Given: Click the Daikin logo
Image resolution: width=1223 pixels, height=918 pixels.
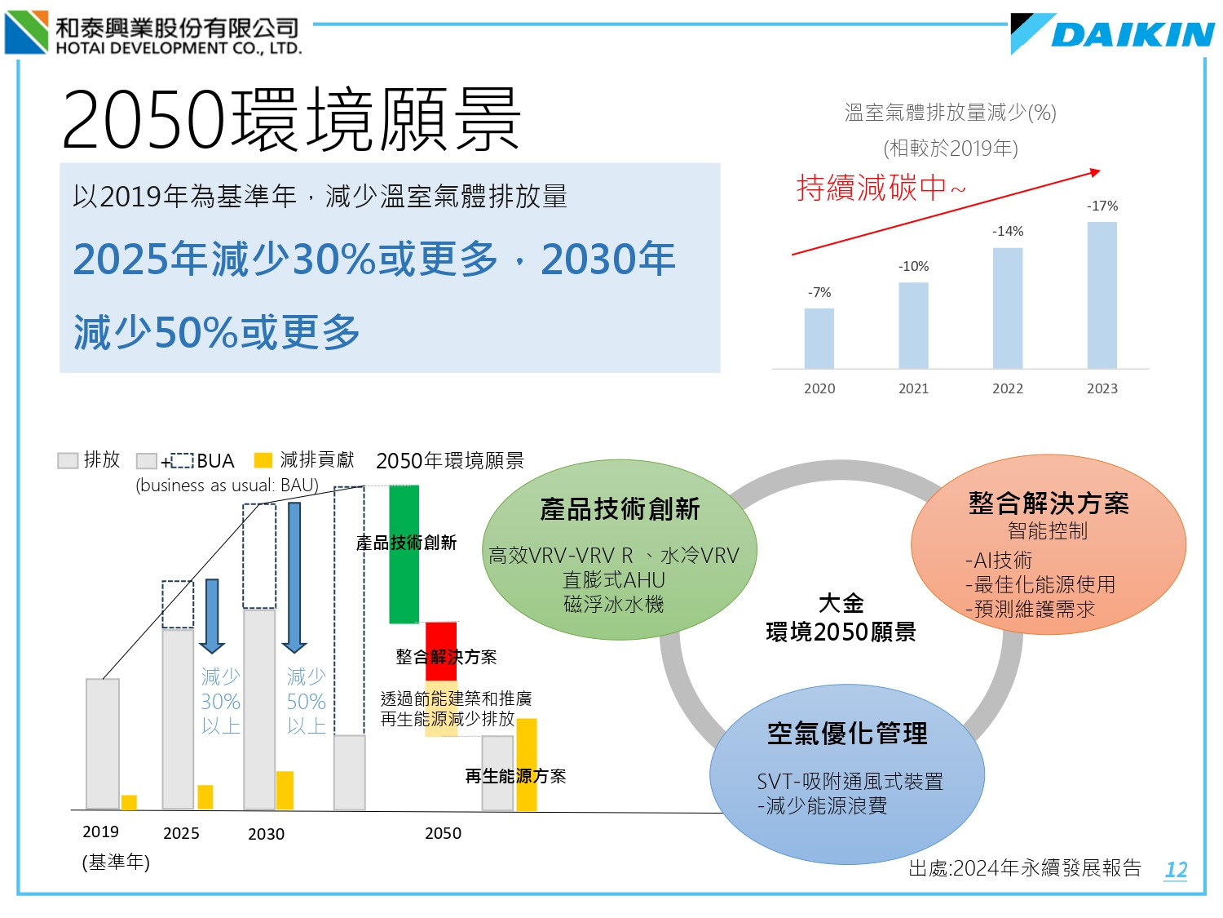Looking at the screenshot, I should click(x=1114, y=34).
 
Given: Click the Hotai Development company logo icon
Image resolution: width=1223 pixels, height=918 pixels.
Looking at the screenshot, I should click(x=26, y=33).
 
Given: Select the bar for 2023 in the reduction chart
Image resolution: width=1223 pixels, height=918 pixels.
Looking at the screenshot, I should click(x=1102, y=295).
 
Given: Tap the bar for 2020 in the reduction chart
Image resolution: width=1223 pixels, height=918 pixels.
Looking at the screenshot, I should click(x=819, y=338).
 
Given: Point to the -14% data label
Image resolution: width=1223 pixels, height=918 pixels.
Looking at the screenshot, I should click(x=1008, y=232).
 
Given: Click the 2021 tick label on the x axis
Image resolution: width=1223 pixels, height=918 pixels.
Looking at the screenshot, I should click(x=913, y=389).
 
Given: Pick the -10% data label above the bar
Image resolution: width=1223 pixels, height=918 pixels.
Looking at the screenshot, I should click(x=913, y=267).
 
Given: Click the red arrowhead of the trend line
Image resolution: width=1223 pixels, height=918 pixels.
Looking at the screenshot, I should click(x=1095, y=172).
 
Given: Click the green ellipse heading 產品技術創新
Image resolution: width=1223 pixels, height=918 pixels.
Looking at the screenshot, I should click(x=620, y=509).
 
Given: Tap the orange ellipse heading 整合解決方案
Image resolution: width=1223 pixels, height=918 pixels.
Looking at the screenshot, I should click(x=1049, y=503).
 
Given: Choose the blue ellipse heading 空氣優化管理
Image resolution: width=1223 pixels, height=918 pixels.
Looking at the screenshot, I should click(x=847, y=734).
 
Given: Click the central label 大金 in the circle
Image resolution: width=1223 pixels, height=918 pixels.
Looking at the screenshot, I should click(x=841, y=604).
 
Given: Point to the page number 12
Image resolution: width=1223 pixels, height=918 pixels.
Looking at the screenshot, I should click(x=1176, y=870).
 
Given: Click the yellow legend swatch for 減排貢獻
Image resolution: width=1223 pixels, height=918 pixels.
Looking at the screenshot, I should click(x=263, y=461).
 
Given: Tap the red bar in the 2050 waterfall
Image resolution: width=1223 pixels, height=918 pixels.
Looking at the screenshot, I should click(x=441, y=641).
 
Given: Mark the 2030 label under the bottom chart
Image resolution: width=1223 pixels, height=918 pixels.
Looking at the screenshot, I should click(x=266, y=834).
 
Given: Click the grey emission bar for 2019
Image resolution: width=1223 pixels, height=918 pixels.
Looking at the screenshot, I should click(x=103, y=743).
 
